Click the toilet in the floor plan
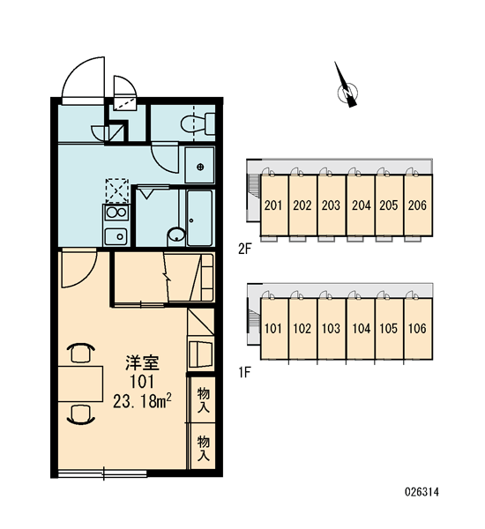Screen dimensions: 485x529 [198, 123]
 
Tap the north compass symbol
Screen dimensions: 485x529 [347, 87]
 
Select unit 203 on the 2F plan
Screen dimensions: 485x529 [331, 205]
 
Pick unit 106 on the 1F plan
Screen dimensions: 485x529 [418, 328]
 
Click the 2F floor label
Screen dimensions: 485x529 [245, 249]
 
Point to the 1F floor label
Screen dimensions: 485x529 [245, 372]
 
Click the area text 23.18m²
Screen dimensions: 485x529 [142, 401]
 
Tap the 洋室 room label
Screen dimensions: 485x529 [142, 362]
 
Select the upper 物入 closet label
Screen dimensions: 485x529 [204, 400]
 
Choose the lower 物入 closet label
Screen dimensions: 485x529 [204, 448]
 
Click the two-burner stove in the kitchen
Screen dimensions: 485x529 [116, 212]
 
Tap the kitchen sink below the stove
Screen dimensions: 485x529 [116, 236]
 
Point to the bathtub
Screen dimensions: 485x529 [199, 218]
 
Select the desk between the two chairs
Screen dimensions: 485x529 [80, 384]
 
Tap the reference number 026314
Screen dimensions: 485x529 [422, 492]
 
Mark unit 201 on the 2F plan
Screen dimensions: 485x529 [273, 205]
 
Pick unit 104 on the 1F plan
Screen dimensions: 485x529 [361, 328]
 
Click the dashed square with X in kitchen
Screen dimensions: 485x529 [117, 190]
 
